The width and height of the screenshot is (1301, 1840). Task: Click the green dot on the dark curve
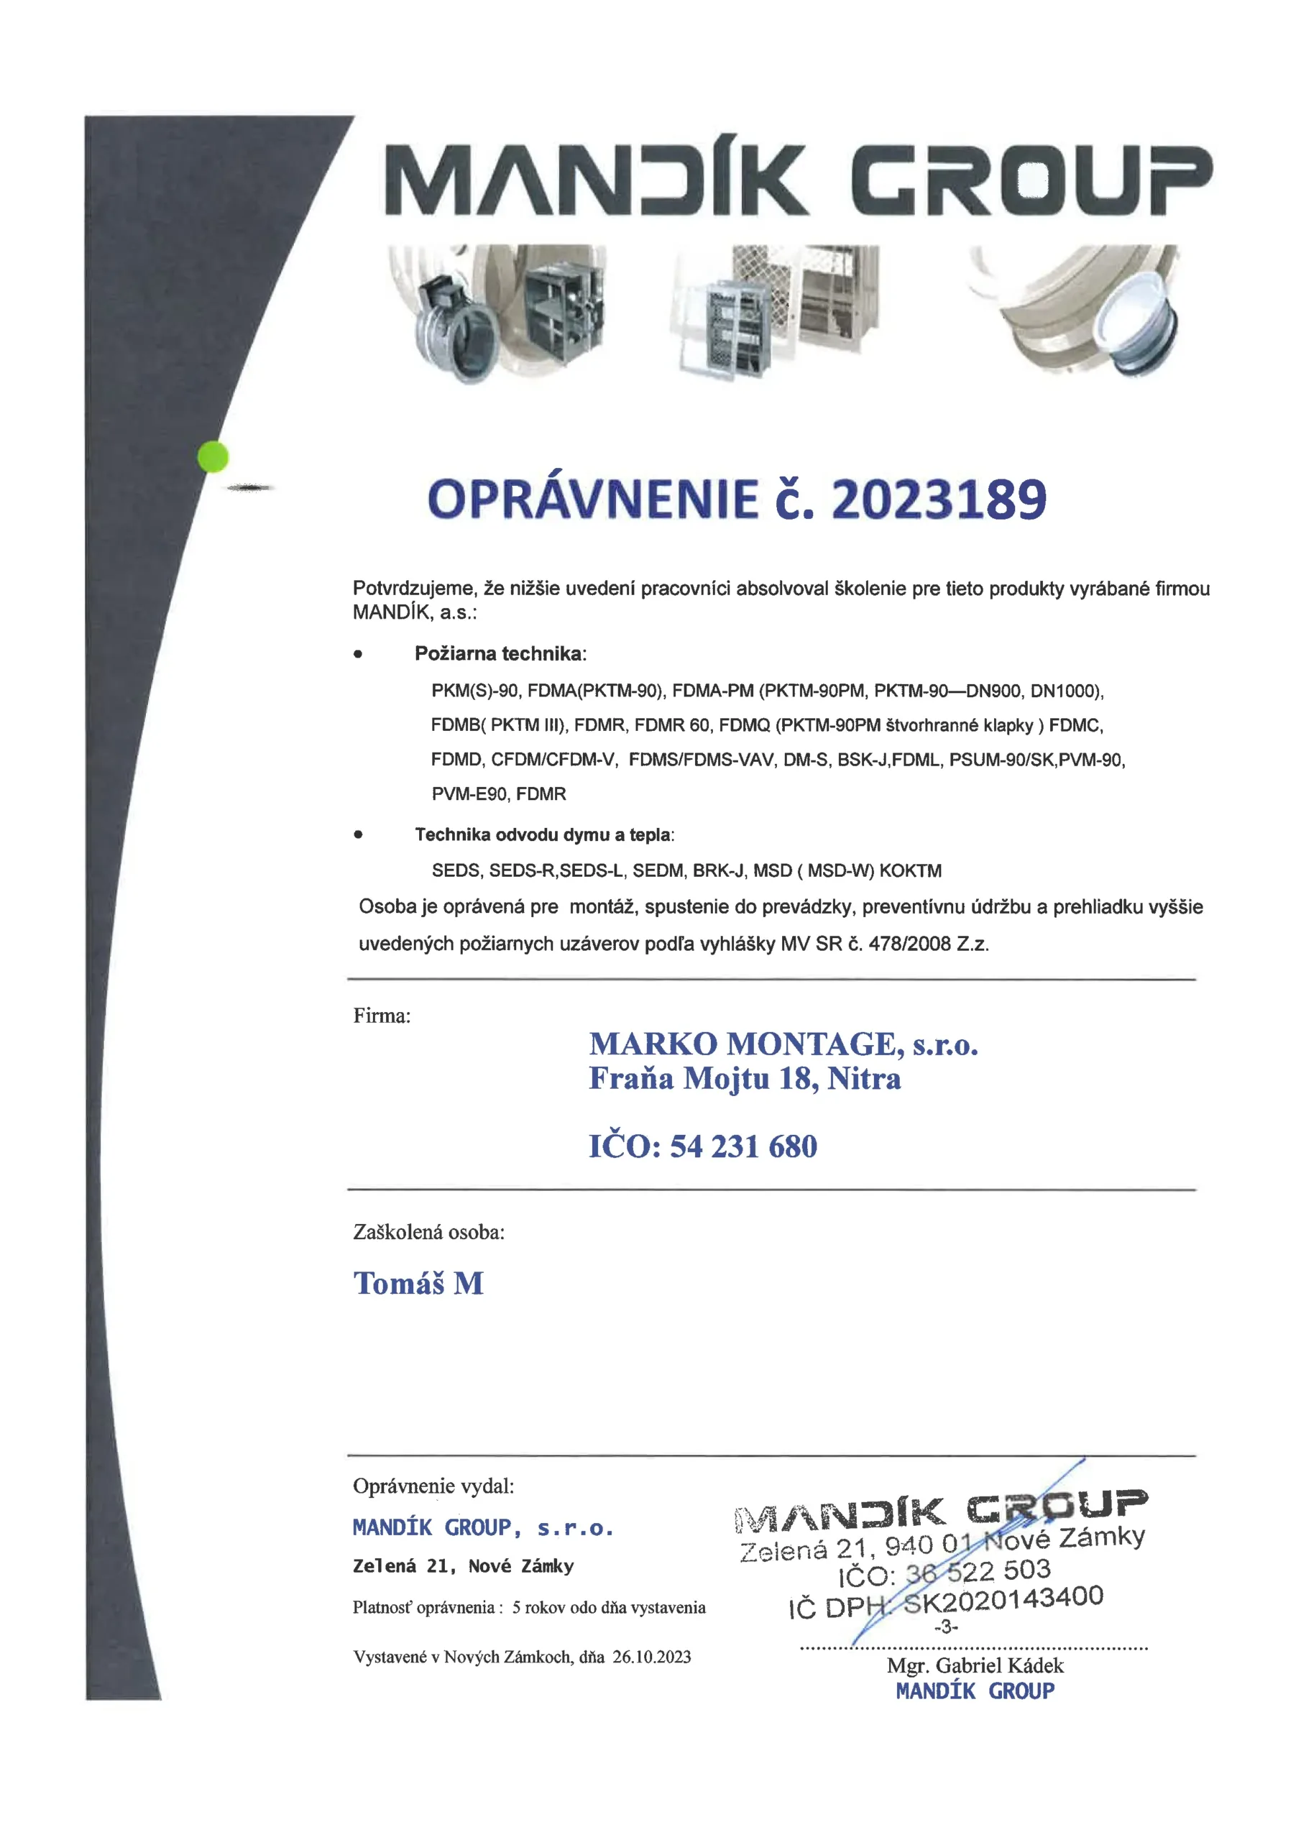(x=213, y=457)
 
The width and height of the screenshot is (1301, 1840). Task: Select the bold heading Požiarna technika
(x=500, y=654)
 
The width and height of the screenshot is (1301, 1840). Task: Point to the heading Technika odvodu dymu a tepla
(x=543, y=835)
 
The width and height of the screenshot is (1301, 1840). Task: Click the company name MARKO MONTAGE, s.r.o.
(x=783, y=1044)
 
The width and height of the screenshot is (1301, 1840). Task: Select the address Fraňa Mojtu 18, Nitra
(x=745, y=1079)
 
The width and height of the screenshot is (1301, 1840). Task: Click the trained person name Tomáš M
(x=418, y=1284)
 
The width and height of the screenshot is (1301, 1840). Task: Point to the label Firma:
(x=382, y=1016)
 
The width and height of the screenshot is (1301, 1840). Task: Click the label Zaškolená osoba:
(x=429, y=1233)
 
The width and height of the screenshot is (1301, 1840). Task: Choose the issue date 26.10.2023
(x=651, y=1657)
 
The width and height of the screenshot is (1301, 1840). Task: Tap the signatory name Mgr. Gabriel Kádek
(x=975, y=1665)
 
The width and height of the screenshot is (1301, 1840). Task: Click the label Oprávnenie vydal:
(x=433, y=1486)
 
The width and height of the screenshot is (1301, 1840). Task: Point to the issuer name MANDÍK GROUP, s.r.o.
(x=483, y=1527)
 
